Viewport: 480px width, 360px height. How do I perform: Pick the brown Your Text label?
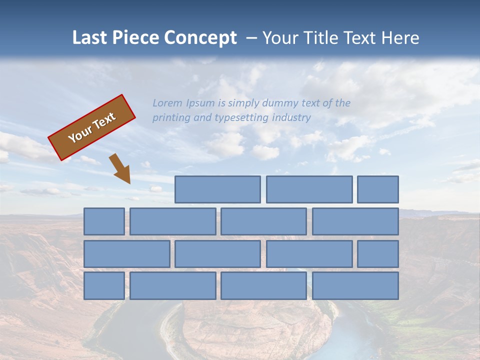pyautogui.click(x=91, y=127)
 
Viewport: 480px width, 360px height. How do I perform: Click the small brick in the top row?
pyautogui.click(x=377, y=189)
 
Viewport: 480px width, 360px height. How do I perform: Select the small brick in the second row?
pyautogui.click(x=104, y=221)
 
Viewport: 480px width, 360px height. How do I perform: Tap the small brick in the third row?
pyautogui.click(x=377, y=254)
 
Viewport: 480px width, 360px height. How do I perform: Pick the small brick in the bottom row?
pyautogui.click(x=104, y=286)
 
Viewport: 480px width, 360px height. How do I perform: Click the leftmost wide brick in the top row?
pyautogui.click(x=217, y=189)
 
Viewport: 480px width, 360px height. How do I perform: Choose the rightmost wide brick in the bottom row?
pyautogui.click(x=355, y=286)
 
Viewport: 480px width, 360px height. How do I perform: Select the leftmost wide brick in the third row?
pyautogui.click(x=126, y=254)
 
